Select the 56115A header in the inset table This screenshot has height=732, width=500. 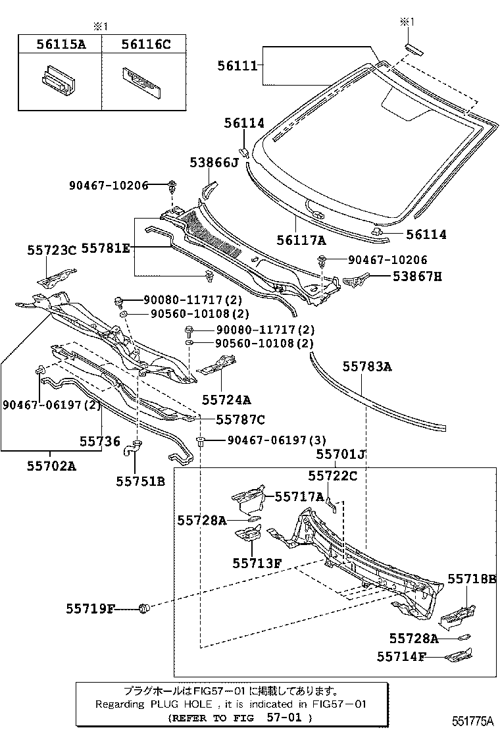[60, 44]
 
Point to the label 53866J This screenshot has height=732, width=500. [214, 163]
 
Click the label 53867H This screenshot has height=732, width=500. [418, 276]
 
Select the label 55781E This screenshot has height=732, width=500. [107, 248]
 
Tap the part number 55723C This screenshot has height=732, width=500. [52, 250]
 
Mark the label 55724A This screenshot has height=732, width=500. [226, 400]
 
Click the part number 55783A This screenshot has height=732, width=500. [367, 367]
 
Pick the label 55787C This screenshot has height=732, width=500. [240, 419]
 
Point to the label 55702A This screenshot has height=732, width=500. [51, 466]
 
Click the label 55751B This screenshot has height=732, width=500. [140, 481]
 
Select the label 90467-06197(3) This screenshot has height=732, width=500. [268, 440]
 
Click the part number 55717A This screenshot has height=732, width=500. [299, 497]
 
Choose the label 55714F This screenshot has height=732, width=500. [402, 656]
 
